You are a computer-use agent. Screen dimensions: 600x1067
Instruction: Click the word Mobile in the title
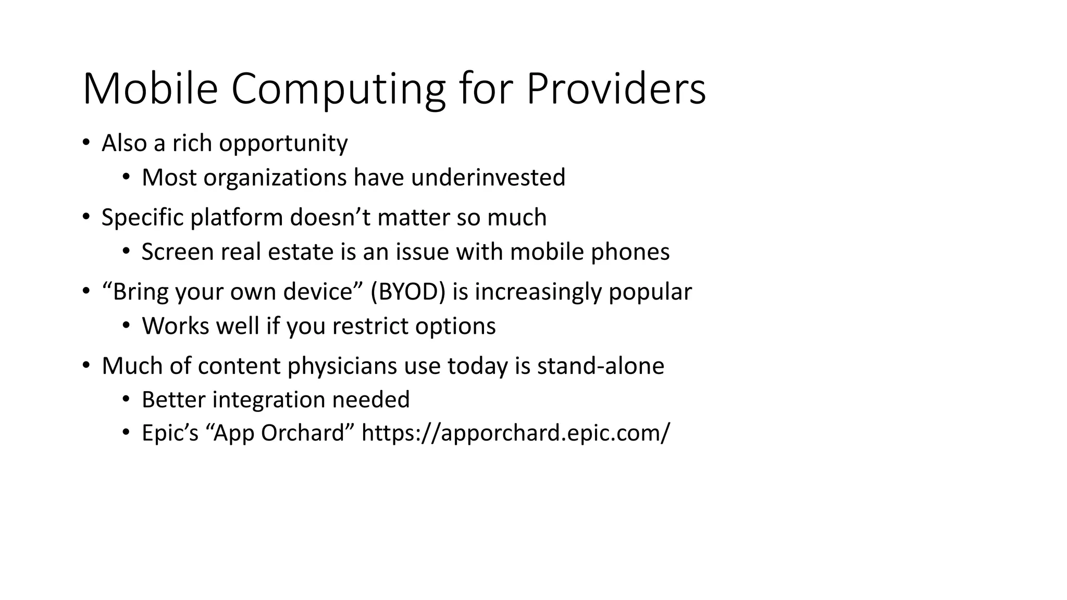[150, 89]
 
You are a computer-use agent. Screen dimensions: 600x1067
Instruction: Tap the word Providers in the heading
[616, 89]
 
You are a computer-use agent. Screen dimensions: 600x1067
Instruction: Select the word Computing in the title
[338, 89]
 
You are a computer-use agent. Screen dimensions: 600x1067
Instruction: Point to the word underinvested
[488, 178]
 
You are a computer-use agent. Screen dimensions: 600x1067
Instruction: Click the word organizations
[275, 178]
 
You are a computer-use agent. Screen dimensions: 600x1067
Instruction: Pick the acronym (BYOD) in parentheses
[408, 292]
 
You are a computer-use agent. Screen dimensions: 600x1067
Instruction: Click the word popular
[650, 292]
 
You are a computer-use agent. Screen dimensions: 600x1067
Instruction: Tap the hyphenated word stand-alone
[601, 366]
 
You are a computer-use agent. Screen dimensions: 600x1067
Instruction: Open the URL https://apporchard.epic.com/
[515, 433]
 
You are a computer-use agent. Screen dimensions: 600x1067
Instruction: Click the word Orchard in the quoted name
[303, 433]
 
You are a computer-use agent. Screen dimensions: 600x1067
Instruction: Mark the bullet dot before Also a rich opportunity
[86, 143]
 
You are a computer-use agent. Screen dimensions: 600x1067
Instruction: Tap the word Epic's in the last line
[170, 433]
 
